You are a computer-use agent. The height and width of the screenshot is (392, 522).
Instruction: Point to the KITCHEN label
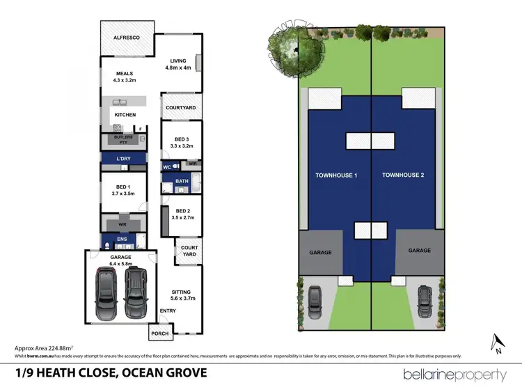pos(125,115)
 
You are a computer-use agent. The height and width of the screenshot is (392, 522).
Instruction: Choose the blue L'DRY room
pos(123,159)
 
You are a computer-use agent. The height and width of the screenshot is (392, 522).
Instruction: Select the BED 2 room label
pos(183,214)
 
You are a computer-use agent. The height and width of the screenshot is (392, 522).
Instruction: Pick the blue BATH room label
pos(182,181)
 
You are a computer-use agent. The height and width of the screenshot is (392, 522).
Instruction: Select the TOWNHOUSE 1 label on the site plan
pos(335,175)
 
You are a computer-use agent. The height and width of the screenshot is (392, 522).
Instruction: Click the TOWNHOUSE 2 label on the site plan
pos(402,175)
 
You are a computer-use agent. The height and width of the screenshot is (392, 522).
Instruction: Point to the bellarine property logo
pos(454,375)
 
